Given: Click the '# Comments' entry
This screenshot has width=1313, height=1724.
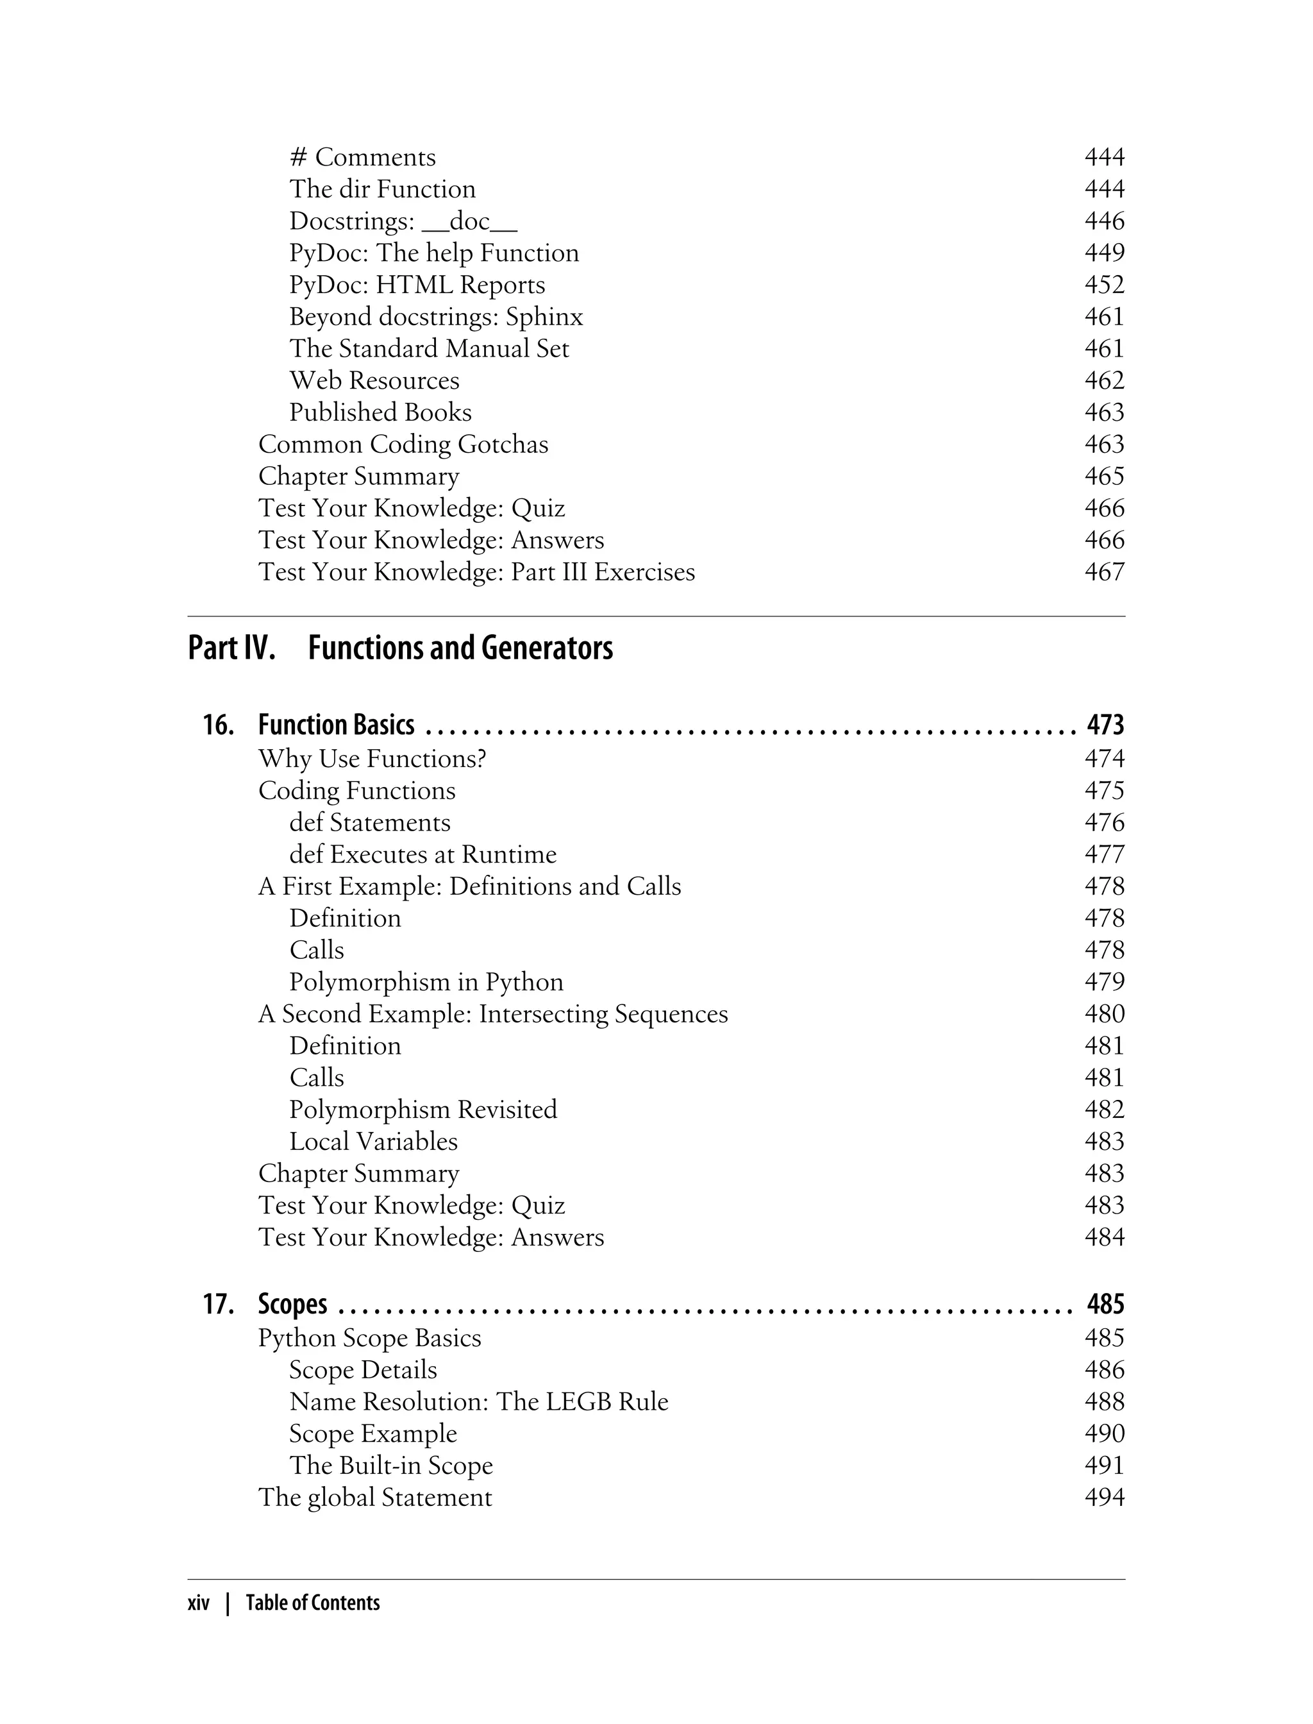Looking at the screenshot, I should [363, 157].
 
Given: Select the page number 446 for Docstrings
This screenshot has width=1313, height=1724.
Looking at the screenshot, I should [1103, 221].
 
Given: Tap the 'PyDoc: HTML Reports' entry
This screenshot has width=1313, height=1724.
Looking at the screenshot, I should [417, 285].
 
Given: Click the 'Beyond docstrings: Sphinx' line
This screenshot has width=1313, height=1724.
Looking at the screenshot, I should [435, 317].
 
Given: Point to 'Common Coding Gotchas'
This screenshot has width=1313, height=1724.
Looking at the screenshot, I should [403, 444].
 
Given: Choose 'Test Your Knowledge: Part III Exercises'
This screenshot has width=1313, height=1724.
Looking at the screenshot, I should [476, 571].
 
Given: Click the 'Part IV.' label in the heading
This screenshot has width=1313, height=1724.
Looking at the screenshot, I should [231, 647].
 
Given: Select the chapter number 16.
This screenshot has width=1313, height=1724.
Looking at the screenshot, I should [218, 725].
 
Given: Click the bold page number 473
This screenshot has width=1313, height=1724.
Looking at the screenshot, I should [1105, 725].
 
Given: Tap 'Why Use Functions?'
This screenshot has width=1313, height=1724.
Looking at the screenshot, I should [372, 758].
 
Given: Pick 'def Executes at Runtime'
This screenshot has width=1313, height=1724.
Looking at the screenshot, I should [423, 854].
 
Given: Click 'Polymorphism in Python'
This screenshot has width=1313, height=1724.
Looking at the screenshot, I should [426, 981].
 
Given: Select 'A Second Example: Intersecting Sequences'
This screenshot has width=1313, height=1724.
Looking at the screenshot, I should [492, 1013].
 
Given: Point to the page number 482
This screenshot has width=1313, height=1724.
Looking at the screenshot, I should [1103, 1110].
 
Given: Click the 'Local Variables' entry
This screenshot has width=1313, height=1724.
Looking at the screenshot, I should [372, 1142].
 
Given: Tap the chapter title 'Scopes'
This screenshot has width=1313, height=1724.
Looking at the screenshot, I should [292, 1304].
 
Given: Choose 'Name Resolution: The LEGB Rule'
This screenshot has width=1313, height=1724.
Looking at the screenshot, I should [478, 1401].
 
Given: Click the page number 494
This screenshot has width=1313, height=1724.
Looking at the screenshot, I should [1103, 1497].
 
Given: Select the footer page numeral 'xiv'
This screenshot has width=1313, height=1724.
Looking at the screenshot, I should [199, 1603].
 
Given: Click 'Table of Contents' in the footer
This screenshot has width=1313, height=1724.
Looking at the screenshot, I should [313, 1603].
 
